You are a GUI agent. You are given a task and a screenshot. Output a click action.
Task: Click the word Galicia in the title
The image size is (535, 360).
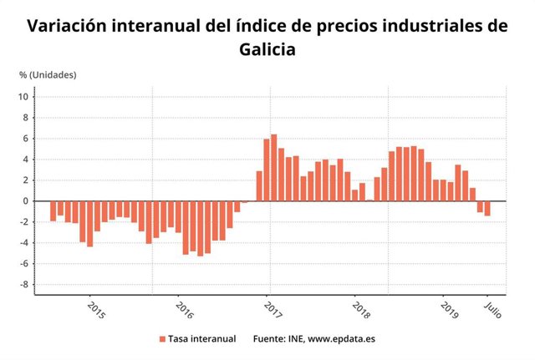pyautogui.click(x=267, y=49)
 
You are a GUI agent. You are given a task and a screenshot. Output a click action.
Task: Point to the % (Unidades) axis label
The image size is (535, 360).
pyautogui.click(x=48, y=74)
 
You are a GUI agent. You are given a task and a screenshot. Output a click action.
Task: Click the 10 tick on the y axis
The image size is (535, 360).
pyautogui.click(x=24, y=97)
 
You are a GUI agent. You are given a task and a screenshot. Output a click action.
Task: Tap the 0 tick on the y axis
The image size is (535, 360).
pyautogui.click(x=27, y=201)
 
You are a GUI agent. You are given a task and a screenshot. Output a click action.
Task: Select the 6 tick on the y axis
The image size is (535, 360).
pyautogui.click(x=27, y=139)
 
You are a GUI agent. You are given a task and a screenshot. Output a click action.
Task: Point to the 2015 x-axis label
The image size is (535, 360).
pyautogui.click(x=96, y=311)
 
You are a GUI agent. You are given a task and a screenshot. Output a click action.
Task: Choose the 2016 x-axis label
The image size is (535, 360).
pyautogui.click(x=184, y=311)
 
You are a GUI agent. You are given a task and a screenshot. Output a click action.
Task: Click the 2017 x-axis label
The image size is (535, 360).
pyautogui.click(x=273, y=311)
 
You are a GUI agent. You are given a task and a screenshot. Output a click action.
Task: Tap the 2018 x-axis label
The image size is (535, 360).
pyautogui.click(x=361, y=311)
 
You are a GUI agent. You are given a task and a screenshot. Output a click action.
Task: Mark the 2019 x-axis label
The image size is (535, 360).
pyautogui.click(x=449, y=311)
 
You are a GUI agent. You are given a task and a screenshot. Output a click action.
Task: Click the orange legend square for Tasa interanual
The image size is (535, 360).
pyautogui.click(x=162, y=339)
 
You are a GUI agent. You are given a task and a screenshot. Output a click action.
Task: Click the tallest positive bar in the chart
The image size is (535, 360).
pyautogui.click(x=273, y=167)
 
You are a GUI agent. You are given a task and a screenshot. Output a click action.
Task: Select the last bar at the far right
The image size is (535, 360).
pyautogui.click(x=487, y=208)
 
